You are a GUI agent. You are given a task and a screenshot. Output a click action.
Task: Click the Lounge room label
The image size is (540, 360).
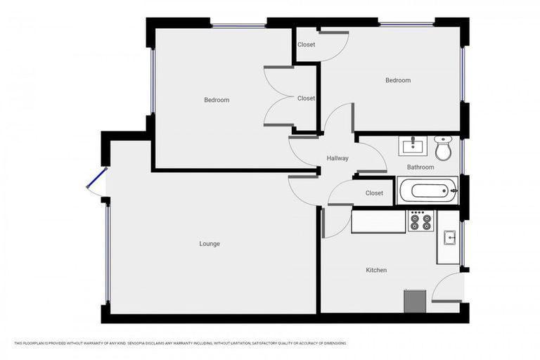(210, 244)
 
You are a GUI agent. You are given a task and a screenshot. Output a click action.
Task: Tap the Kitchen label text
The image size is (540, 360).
(376, 270)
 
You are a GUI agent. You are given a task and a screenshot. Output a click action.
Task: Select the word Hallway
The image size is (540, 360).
(337, 158)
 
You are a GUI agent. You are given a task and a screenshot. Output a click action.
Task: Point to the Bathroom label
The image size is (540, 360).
(420, 167)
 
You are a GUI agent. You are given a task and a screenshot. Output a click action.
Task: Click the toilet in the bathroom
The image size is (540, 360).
(443, 148)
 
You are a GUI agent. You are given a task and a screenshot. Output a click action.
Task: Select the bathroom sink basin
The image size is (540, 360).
(412, 146)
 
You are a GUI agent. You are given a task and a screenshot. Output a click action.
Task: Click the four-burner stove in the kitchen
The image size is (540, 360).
(421, 222)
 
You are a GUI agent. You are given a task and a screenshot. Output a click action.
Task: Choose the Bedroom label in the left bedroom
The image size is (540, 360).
(217, 100)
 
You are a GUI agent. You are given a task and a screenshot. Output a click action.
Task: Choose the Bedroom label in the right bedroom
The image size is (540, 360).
(397, 80)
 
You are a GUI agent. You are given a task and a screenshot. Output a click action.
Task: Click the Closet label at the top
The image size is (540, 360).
(306, 45)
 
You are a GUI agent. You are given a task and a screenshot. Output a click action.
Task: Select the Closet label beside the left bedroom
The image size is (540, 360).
(306, 98)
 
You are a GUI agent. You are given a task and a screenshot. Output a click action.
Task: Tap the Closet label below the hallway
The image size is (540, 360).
(374, 193)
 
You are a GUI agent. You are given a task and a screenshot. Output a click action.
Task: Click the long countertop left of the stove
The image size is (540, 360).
(378, 222)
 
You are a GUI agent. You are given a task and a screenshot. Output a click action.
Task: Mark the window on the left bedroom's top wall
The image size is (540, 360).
(238, 26)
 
